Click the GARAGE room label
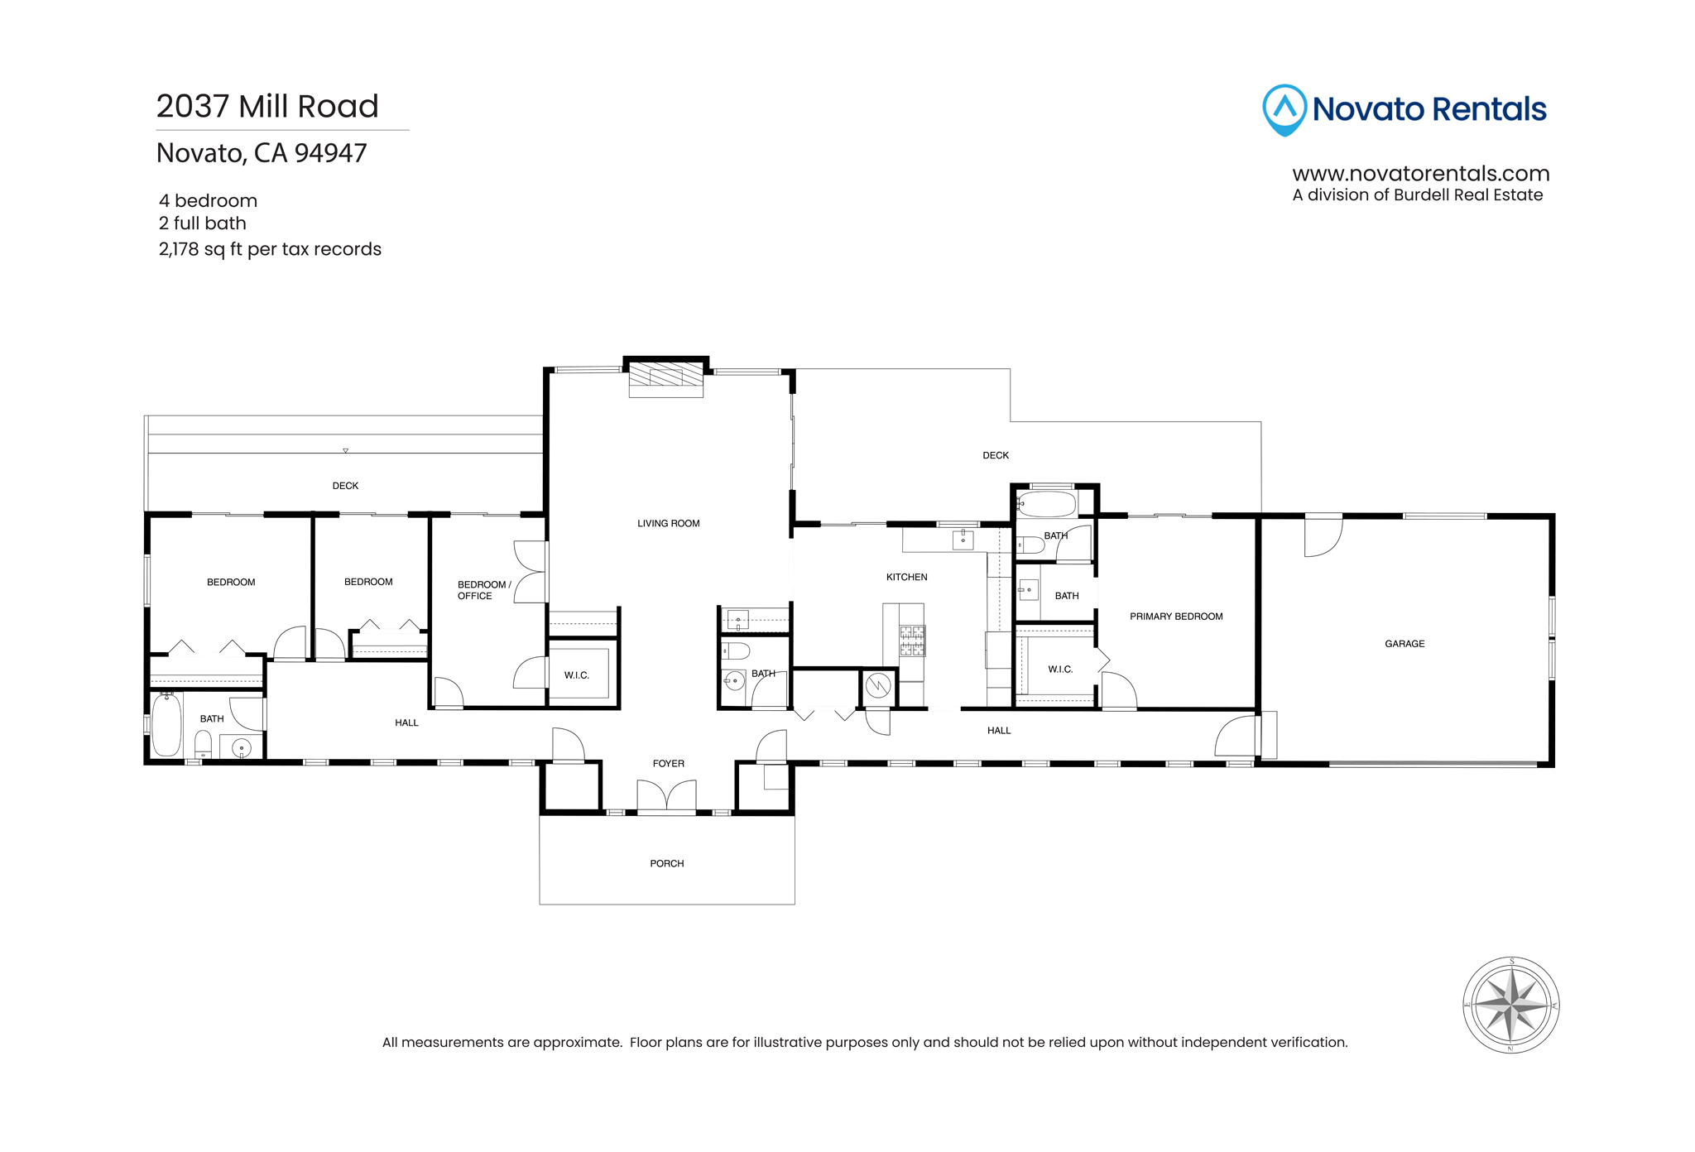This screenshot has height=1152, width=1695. [1404, 644]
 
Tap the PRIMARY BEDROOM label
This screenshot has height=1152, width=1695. [1176, 617]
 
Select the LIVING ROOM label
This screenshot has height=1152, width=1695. [669, 524]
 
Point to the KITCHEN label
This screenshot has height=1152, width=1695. [907, 578]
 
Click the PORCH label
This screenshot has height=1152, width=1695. [667, 864]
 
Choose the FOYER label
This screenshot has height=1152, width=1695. [669, 764]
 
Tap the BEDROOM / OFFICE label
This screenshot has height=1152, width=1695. [484, 590]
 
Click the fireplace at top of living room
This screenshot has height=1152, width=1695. [666, 378]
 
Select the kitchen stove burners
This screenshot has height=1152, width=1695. [912, 641]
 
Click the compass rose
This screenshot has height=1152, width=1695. [1511, 1006]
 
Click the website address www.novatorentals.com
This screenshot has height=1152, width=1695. [1421, 174]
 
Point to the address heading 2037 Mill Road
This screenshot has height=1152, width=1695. [267, 106]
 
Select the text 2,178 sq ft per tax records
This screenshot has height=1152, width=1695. [270, 249]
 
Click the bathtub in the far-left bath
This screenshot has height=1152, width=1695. [166, 725]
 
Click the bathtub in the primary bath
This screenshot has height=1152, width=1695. [1046, 503]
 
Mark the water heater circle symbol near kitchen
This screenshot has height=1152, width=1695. [878, 685]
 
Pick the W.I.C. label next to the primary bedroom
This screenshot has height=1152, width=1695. [1060, 670]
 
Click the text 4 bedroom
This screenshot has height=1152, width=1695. [209, 201]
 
